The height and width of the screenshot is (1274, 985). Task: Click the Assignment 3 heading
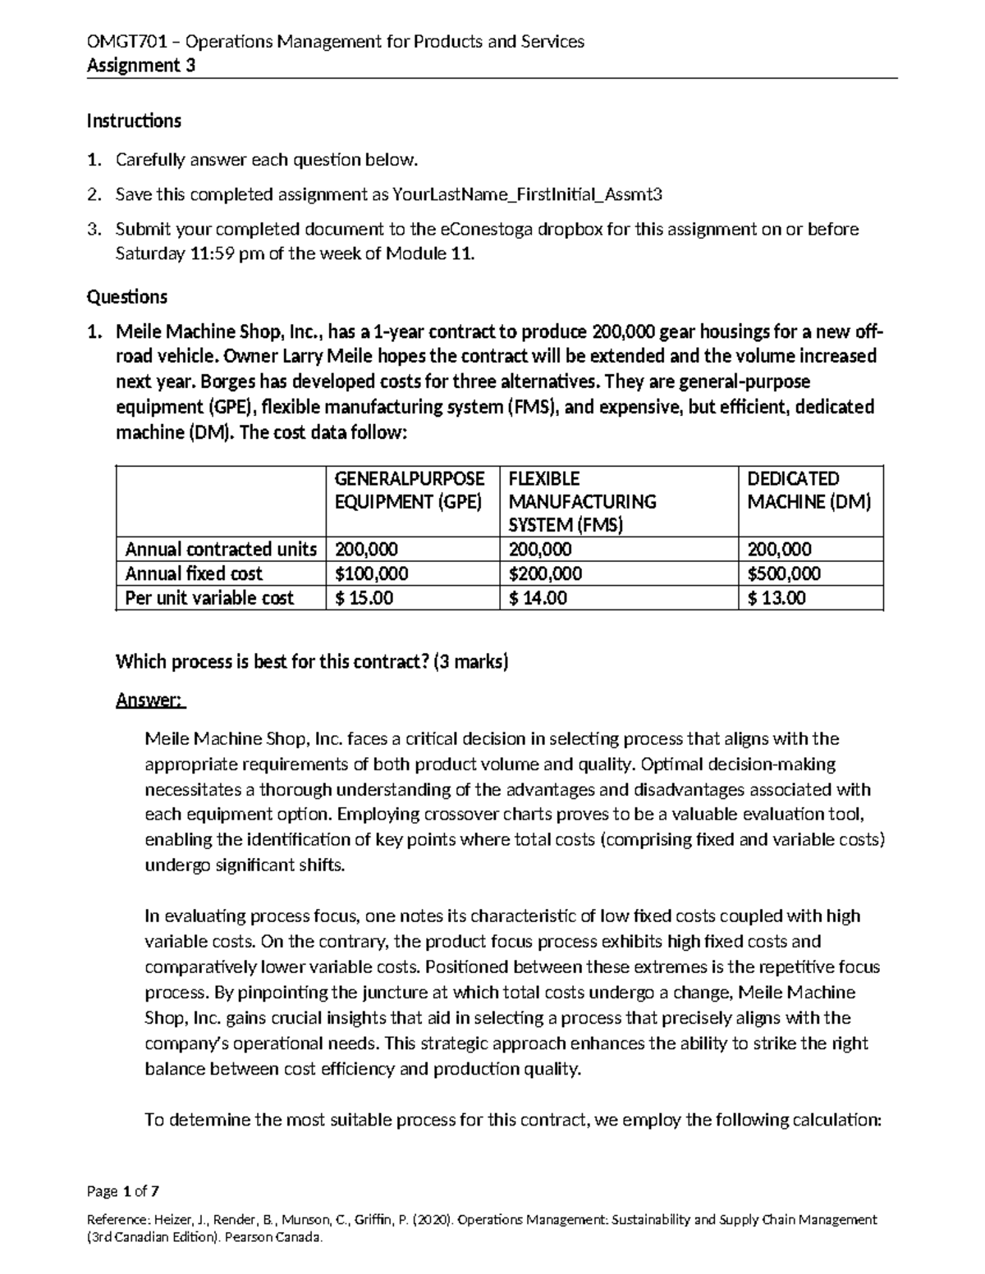(141, 66)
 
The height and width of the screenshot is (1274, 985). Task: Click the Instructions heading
(134, 121)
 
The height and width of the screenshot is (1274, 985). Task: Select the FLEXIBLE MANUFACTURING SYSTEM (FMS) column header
(582, 501)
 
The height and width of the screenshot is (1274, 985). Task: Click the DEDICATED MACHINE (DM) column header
(809, 491)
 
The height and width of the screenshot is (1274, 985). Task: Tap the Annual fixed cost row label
(194, 573)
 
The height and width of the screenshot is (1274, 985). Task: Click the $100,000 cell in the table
(372, 573)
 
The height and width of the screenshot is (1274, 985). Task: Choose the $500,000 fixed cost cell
(784, 573)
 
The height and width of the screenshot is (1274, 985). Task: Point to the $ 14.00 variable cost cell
(538, 598)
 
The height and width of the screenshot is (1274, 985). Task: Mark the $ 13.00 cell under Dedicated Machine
(777, 598)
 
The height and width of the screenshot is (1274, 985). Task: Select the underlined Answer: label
(150, 701)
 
